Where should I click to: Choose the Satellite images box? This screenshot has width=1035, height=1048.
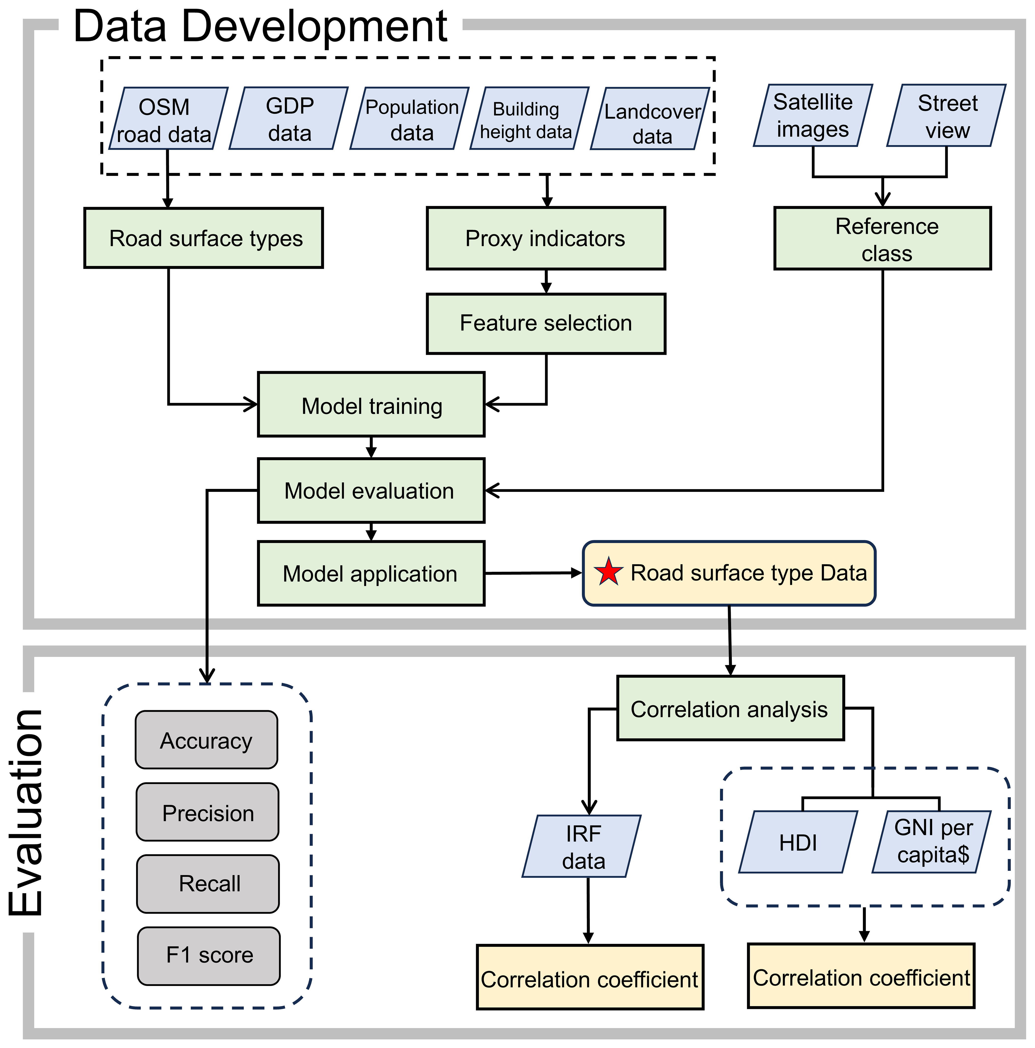(812, 116)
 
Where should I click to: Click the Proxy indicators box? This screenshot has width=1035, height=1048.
(546, 239)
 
